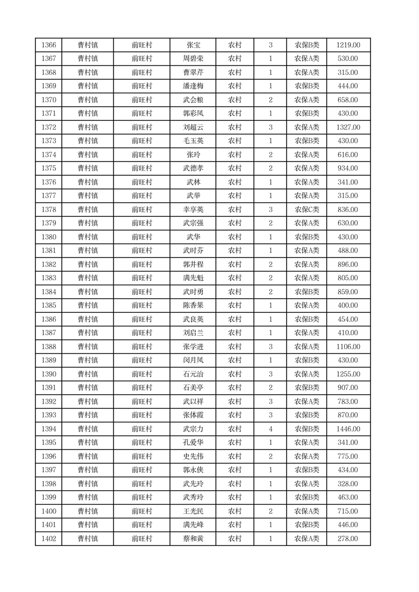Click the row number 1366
tap(49, 45)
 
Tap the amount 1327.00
tap(348, 127)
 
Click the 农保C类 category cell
tap(307, 209)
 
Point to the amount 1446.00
tap(348, 429)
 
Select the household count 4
tap(270, 429)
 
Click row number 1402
tap(49, 539)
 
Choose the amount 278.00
tap(348, 539)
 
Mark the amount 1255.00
tap(348, 374)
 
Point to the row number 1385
tap(49, 305)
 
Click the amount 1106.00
tap(348, 347)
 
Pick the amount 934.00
tap(348, 168)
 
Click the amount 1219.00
tap(348, 45)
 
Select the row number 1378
tap(49, 209)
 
